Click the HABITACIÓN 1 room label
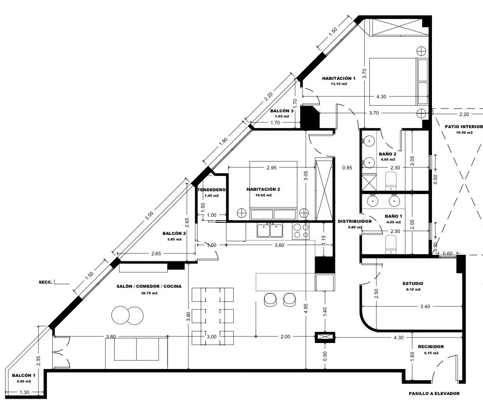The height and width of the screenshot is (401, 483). point(339,78)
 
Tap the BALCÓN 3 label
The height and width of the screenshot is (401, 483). point(282,111)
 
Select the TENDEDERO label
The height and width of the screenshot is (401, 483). point(211,190)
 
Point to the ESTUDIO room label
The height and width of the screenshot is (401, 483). point(413,284)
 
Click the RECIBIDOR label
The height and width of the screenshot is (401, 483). point(431,347)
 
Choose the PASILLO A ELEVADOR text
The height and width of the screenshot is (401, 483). point(434,394)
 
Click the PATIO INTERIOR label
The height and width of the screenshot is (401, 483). point(464,127)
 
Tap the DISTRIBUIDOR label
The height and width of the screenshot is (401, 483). point(354,221)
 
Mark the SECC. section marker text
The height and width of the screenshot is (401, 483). point(45,282)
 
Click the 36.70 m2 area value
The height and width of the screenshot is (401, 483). point(149,293)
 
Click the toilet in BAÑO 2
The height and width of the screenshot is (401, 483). point(391,181)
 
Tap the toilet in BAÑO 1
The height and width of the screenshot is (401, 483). point(391,245)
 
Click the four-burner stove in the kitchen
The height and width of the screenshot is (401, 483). point(301,231)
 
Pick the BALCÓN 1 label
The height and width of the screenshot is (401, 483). point(24,375)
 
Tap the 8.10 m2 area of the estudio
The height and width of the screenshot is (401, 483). point(413,290)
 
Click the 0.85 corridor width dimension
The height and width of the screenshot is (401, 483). point(347,168)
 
